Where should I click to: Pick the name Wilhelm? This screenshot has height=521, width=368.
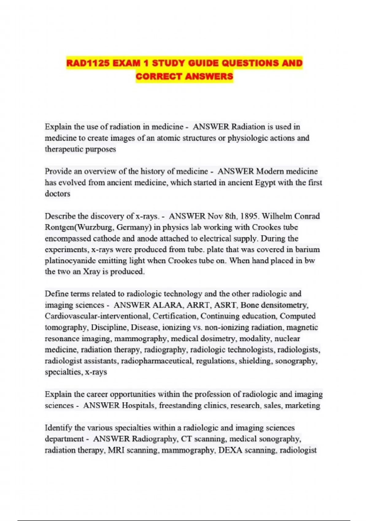click(277, 216)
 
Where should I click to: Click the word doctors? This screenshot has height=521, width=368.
click(57, 194)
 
